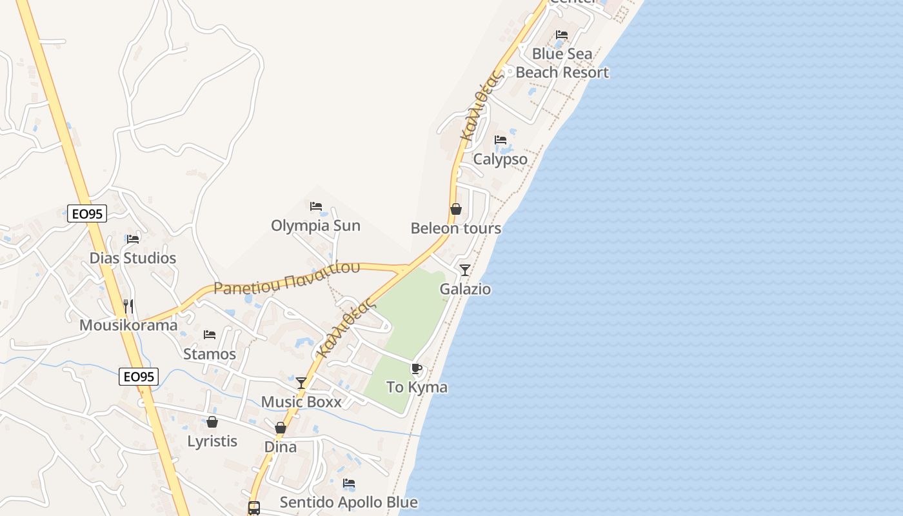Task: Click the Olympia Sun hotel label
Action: (315, 226)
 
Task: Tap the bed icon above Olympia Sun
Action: (316, 206)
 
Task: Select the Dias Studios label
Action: (132, 258)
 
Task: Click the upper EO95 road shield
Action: (87, 213)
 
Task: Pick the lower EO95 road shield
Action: (139, 377)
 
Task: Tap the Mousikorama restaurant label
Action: (128, 324)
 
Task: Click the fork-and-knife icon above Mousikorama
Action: (128, 306)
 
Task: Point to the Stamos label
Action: (210, 353)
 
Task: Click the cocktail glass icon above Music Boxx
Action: (301, 382)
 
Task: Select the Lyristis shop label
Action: (212, 441)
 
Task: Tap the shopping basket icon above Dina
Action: (281, 428)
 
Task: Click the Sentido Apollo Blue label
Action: (348, 502)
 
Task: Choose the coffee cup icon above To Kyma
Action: (417, 369)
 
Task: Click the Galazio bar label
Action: (465, 289)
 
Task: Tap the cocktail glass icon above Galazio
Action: (465, 270)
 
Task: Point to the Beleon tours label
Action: (455, 228)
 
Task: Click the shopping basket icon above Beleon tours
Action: (456, 209)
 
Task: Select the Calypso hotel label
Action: (500, 159)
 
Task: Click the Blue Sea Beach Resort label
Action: (562, 63)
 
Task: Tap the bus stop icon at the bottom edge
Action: (254, 508)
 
